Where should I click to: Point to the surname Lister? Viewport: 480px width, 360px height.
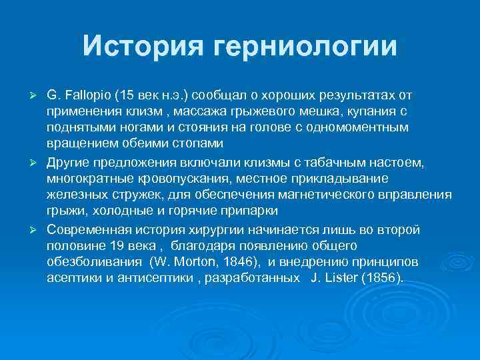coord(339,277)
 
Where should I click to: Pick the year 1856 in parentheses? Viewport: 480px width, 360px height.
coord(381,277)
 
